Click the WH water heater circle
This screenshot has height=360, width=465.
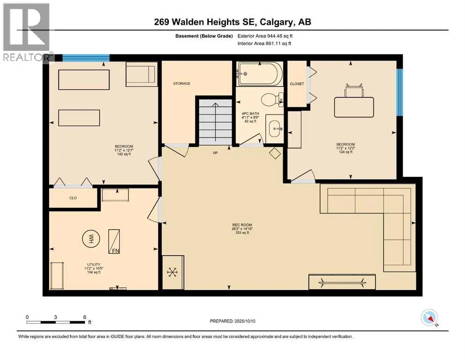(91, 238)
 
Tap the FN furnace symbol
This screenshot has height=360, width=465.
(114, 241)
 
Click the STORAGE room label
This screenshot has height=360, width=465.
(182, 84)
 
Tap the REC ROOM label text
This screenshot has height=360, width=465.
(242, 225)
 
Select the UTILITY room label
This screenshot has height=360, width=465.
(94, 264)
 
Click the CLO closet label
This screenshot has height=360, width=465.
(73, 198)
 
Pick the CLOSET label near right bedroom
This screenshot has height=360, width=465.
(297, 84)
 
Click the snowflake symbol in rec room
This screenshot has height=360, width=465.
(172, 272)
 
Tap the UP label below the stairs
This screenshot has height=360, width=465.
(215, 153)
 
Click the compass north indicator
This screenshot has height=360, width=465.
(429, 317)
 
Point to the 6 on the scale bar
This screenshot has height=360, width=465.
(84, 317)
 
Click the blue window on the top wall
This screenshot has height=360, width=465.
(86, 58)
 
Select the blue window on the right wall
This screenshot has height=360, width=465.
(400, 92)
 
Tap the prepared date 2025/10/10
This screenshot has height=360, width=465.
(244, 321)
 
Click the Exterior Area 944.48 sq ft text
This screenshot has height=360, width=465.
(265, 36)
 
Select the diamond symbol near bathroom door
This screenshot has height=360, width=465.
(275, 153)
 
